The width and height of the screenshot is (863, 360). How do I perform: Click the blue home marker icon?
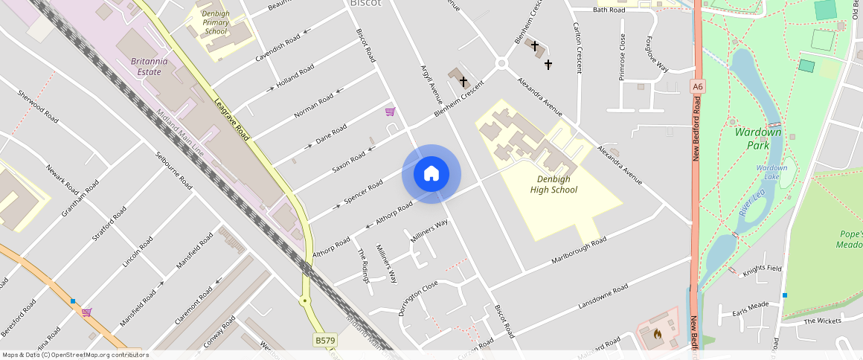(431, 174)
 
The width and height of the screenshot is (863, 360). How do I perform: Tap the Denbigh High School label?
(554, 184)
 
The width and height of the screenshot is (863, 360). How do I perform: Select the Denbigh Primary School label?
(216, 22)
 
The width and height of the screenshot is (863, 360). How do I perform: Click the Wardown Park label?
(758, 138)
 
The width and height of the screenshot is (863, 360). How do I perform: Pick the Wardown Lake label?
(771, 172)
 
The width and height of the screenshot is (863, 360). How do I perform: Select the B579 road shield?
(324, 340)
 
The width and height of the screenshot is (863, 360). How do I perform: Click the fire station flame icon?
(658, 334)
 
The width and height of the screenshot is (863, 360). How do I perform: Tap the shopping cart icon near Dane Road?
(390, 112)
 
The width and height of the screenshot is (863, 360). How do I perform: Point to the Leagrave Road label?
(231, 119)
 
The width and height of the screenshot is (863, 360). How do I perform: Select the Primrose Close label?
(622, 57)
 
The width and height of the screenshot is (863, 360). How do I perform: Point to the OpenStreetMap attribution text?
(75, 355)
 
